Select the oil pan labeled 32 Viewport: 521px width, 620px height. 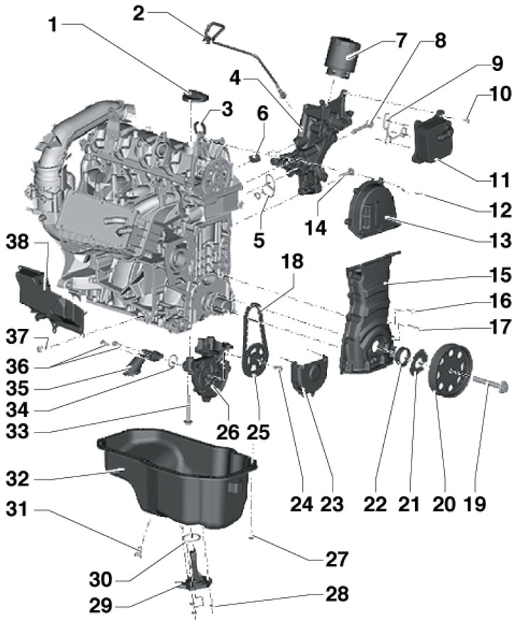178,483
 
